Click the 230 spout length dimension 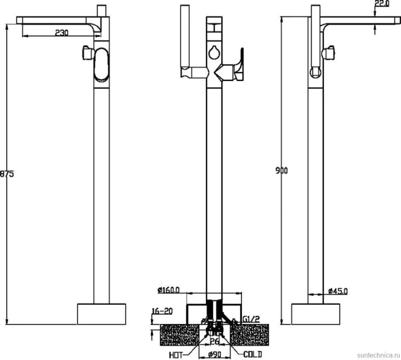tap(62, 33)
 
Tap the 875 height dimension tap(7, 174)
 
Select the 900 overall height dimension tap(282, 170)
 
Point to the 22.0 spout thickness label tap(382, 4)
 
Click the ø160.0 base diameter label tap(169, 290)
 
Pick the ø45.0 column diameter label tap(338, 291)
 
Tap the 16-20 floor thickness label tap(162, 311)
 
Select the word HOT tap(176, 355)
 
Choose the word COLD tap(253, 354)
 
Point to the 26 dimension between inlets tap(215, 341)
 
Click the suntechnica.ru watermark tap(378, 355)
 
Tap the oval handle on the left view tap(102, 65)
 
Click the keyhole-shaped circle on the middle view tap(214, 52)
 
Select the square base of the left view tap(102, 314)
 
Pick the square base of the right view tap(315, 314)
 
